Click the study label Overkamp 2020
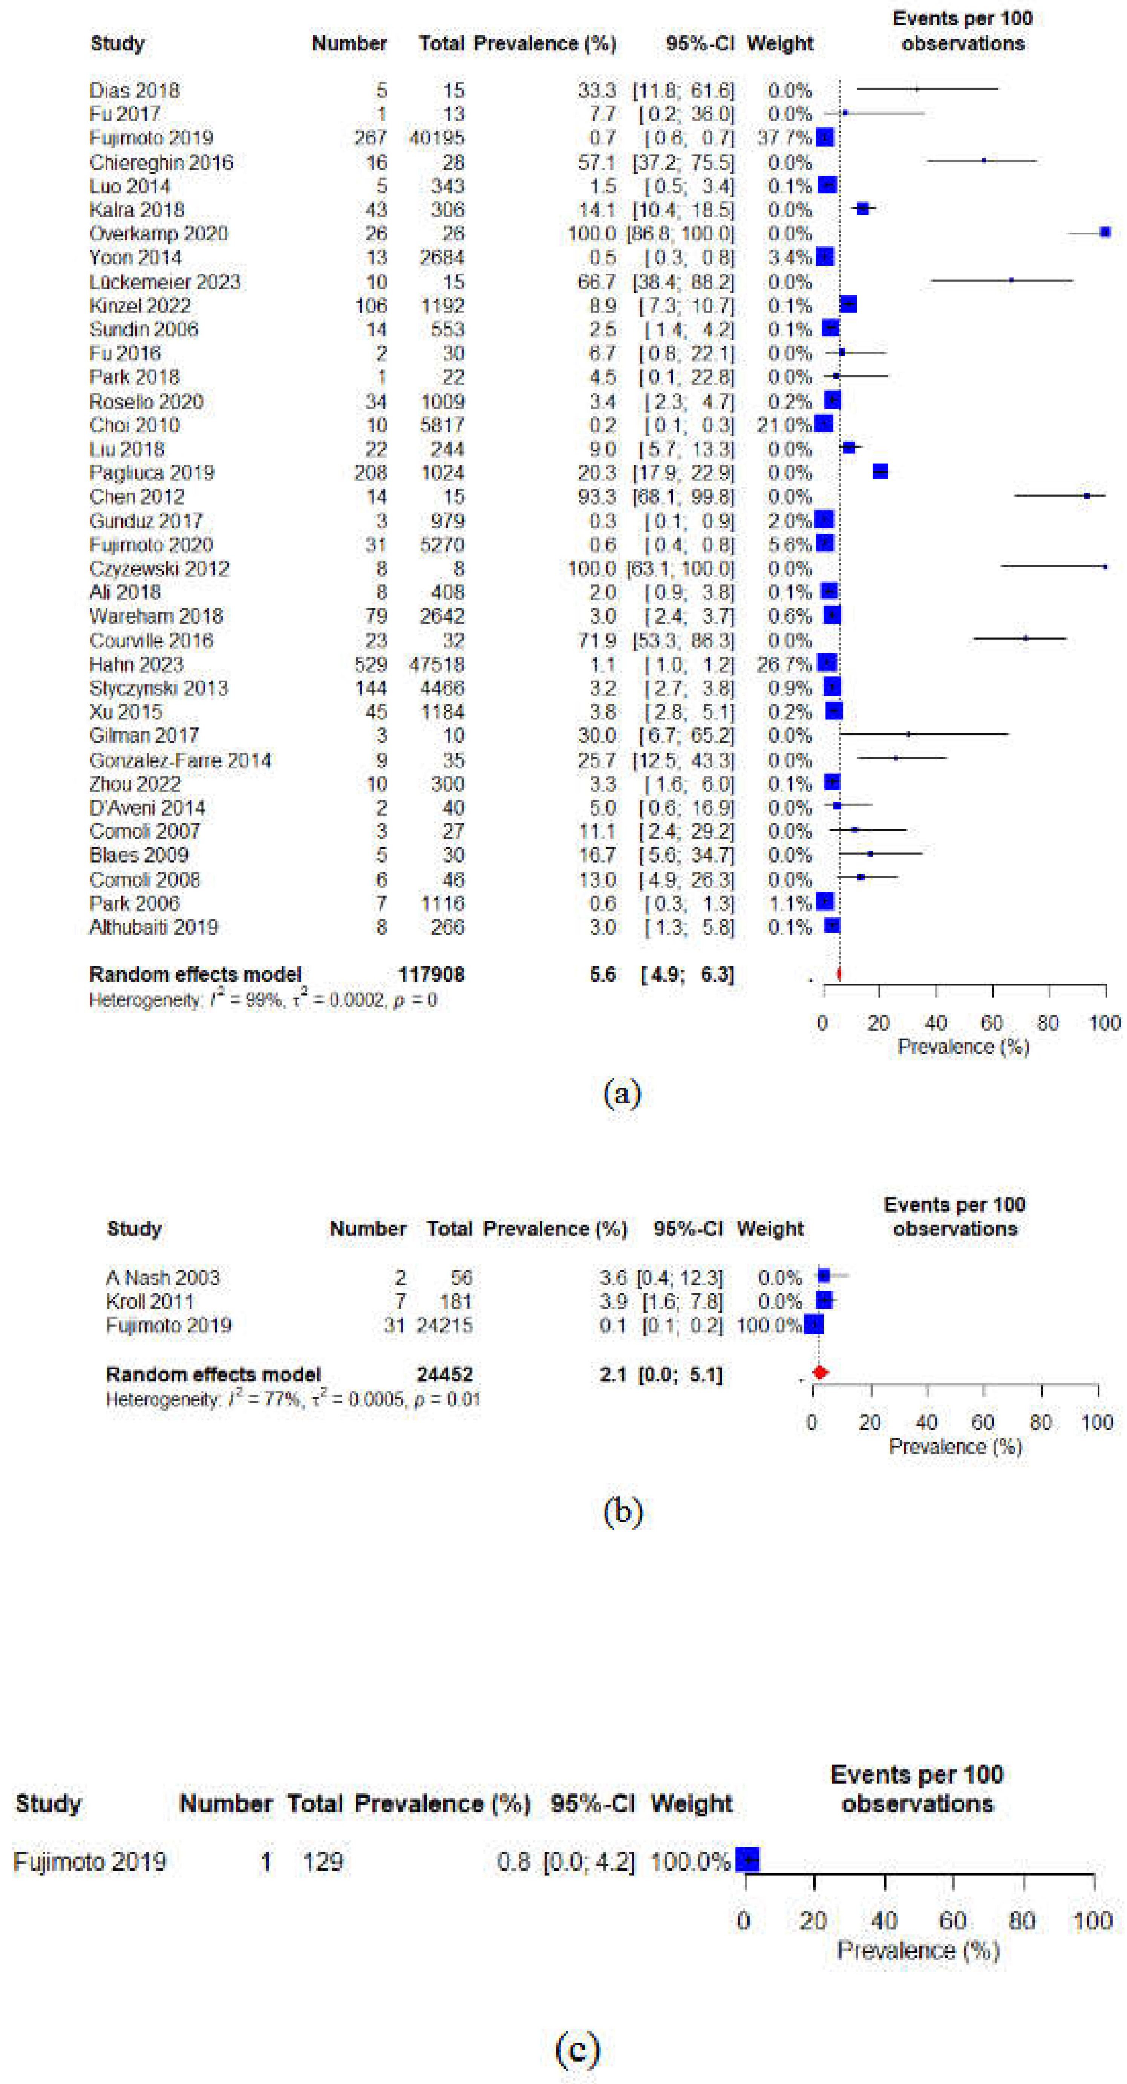(x=159, y=234)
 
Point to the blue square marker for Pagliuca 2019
(x=880, y=472)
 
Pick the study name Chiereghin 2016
(x=161, y=162)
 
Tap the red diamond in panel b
(x=819, y=1373)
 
